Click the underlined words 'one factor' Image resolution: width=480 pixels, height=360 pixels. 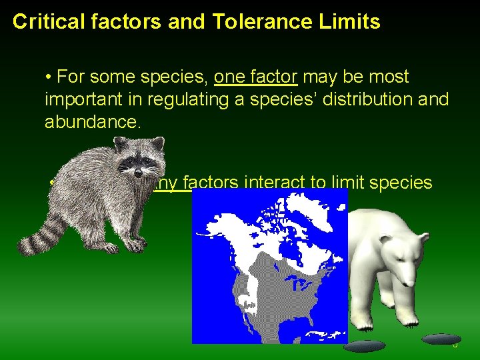click(x=255, y=77)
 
